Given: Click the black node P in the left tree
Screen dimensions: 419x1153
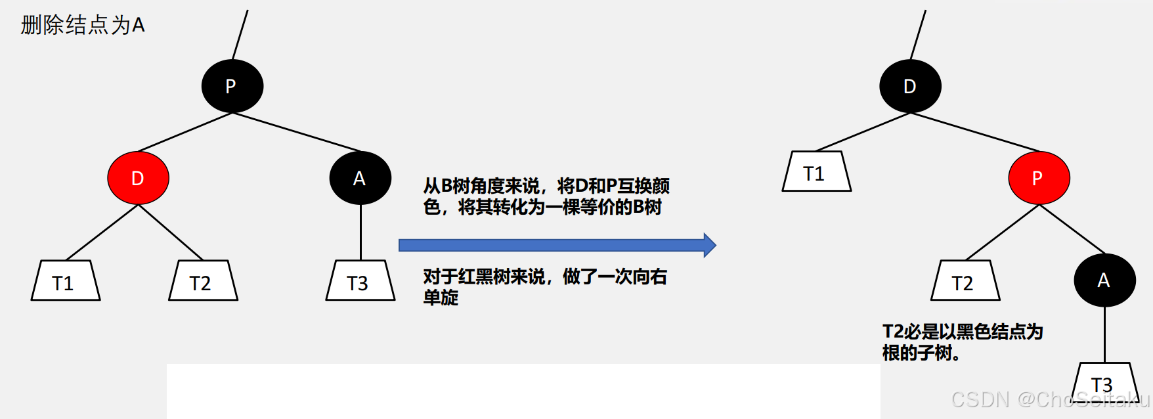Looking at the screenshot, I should coord(232,86).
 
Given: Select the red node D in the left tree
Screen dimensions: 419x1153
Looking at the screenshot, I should coord(138,178).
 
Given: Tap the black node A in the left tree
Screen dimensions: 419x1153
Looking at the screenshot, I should coord(360,178).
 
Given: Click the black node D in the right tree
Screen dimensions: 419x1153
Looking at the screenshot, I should coord(910,86).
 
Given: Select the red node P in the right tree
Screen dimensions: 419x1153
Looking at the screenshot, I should coord(1039,178).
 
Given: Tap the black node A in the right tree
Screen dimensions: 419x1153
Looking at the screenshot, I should coord(1104,280).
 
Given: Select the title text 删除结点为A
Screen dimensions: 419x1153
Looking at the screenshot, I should coord(83,25).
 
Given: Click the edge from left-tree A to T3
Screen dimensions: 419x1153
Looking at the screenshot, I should coord(360,232).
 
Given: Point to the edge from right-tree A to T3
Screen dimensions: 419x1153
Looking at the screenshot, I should coord(1104,335).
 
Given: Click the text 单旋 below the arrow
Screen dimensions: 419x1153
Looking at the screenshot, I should coord(441,298).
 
